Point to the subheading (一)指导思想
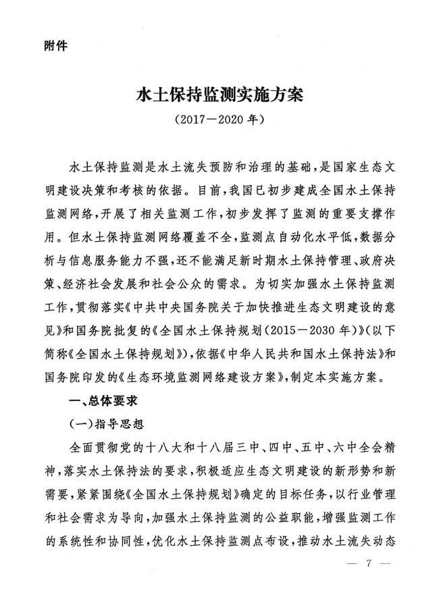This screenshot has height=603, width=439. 109,423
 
